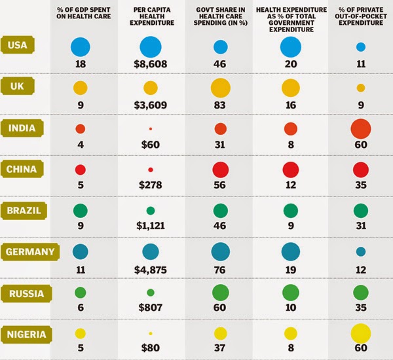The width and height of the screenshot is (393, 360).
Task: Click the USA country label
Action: [x=22, y=46]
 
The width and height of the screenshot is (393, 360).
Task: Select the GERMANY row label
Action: [x=28, y=251]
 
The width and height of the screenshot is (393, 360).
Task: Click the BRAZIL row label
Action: [x=24, y=211]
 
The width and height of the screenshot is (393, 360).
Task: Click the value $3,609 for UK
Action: [x=150, y=107]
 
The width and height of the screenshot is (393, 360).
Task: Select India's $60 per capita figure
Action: [x=150, y=147]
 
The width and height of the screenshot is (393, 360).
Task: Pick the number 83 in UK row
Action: [x=221, y=107]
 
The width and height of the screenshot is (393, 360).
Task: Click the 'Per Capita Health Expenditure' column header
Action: [x=150, y=18]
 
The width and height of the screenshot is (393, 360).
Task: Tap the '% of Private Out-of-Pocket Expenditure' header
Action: [x=360, y=18]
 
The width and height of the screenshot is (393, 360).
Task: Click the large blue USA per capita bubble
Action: [x=150, y=46]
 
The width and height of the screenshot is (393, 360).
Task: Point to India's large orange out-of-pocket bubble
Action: [x=361, y=129]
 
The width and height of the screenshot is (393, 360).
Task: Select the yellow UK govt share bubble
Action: [x=221, y=88]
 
